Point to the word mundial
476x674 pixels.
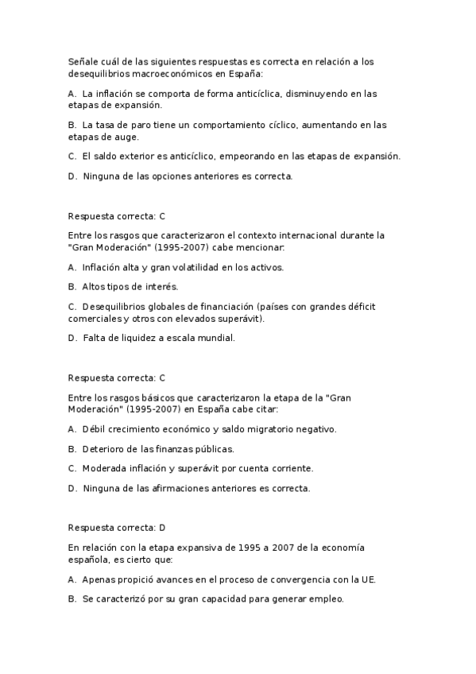tap(216, 338)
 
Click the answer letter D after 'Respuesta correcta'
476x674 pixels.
tap(162, 527)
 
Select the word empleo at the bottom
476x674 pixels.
tap(327, 599)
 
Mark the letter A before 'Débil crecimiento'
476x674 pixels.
tap(72, 429)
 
